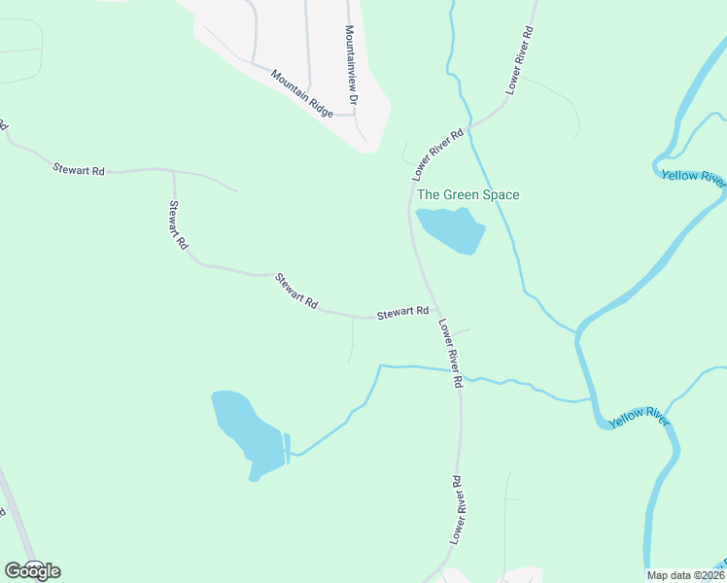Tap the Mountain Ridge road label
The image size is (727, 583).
point(302,93)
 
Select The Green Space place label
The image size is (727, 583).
point(468,194)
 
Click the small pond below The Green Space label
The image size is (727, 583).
point(451,229)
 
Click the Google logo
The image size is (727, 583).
point(32,571)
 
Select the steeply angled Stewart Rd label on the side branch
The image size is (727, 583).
point(177,225)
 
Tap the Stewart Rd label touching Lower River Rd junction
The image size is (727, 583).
point(402,312)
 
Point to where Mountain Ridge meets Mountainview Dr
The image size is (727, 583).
point(354,114)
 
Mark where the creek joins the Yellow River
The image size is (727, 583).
point(592,398)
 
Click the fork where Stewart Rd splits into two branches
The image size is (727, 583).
point(173,170)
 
